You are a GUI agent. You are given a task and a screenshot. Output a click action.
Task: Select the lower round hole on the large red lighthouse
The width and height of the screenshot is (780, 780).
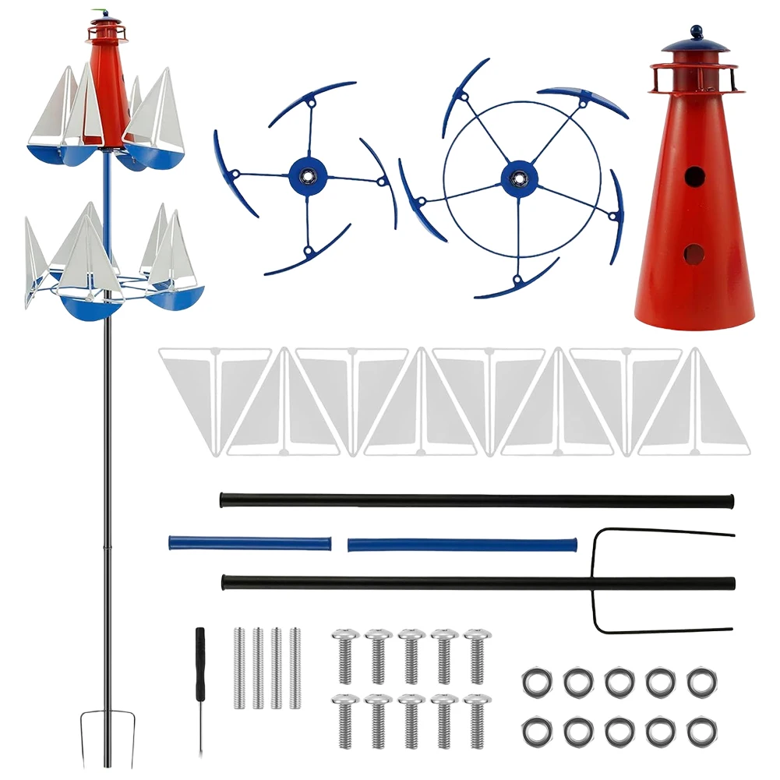(x=693, y=253)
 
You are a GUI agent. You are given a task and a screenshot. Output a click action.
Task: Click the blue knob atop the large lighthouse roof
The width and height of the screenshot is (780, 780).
(x=695, y=33)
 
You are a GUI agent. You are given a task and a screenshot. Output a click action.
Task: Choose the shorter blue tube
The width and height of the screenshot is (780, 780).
(x=249, y=542)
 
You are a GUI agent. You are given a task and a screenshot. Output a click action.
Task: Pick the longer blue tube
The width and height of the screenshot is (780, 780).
(x=461, y=543)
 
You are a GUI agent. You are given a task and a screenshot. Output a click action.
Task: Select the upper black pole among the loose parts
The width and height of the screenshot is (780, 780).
(x=477, y=499)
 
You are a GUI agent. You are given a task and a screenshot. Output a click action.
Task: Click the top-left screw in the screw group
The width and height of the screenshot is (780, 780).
(x=344, y=655)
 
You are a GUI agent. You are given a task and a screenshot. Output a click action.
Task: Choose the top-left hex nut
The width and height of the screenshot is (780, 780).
(x=537, y=682)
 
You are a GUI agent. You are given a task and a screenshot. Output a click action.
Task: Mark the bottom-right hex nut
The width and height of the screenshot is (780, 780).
(x=701, y=730)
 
